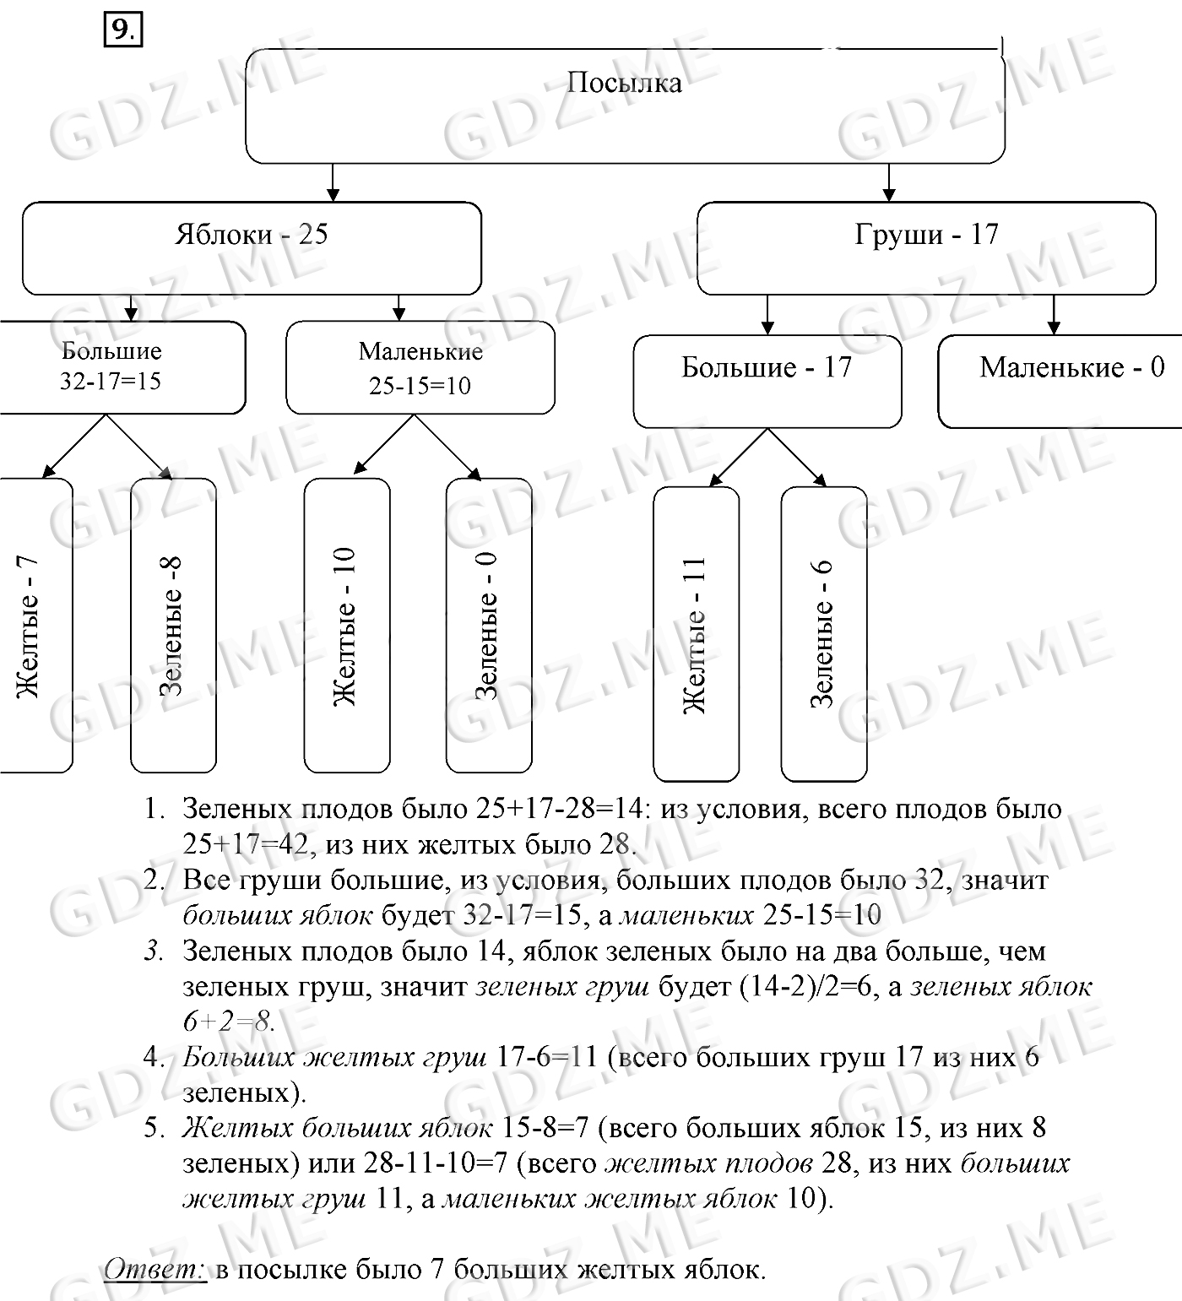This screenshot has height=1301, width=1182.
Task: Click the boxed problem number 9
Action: (122, 31)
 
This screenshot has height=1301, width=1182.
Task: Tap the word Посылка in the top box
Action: (624, 83)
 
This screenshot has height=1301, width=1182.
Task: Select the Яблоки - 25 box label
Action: (251, 234)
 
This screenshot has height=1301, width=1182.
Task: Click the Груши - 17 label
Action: (926, 234)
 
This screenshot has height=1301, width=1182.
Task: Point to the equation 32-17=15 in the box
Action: (110, 382)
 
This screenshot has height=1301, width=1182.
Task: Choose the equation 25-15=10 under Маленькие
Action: (420, 386)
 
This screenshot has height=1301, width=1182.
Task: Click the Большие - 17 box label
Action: (767, 367)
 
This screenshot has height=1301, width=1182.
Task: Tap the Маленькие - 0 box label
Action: (1071, 367)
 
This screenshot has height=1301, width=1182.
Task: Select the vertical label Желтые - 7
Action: (29, 627)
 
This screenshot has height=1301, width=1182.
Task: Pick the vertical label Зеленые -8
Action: (171, 626)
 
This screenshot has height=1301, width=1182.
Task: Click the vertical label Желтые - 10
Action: (344, 626)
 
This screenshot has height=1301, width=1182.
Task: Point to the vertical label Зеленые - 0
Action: (487, 626)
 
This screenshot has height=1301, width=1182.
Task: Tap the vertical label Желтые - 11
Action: (695, 635)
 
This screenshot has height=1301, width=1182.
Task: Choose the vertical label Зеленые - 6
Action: (822, 633)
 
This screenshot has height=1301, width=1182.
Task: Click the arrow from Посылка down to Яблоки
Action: (333, 182)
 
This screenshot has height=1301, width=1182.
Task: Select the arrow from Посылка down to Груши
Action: (889, 182)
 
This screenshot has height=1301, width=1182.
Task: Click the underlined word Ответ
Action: (155, 1270)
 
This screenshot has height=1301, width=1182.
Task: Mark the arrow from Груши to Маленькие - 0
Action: (1053, 315)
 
